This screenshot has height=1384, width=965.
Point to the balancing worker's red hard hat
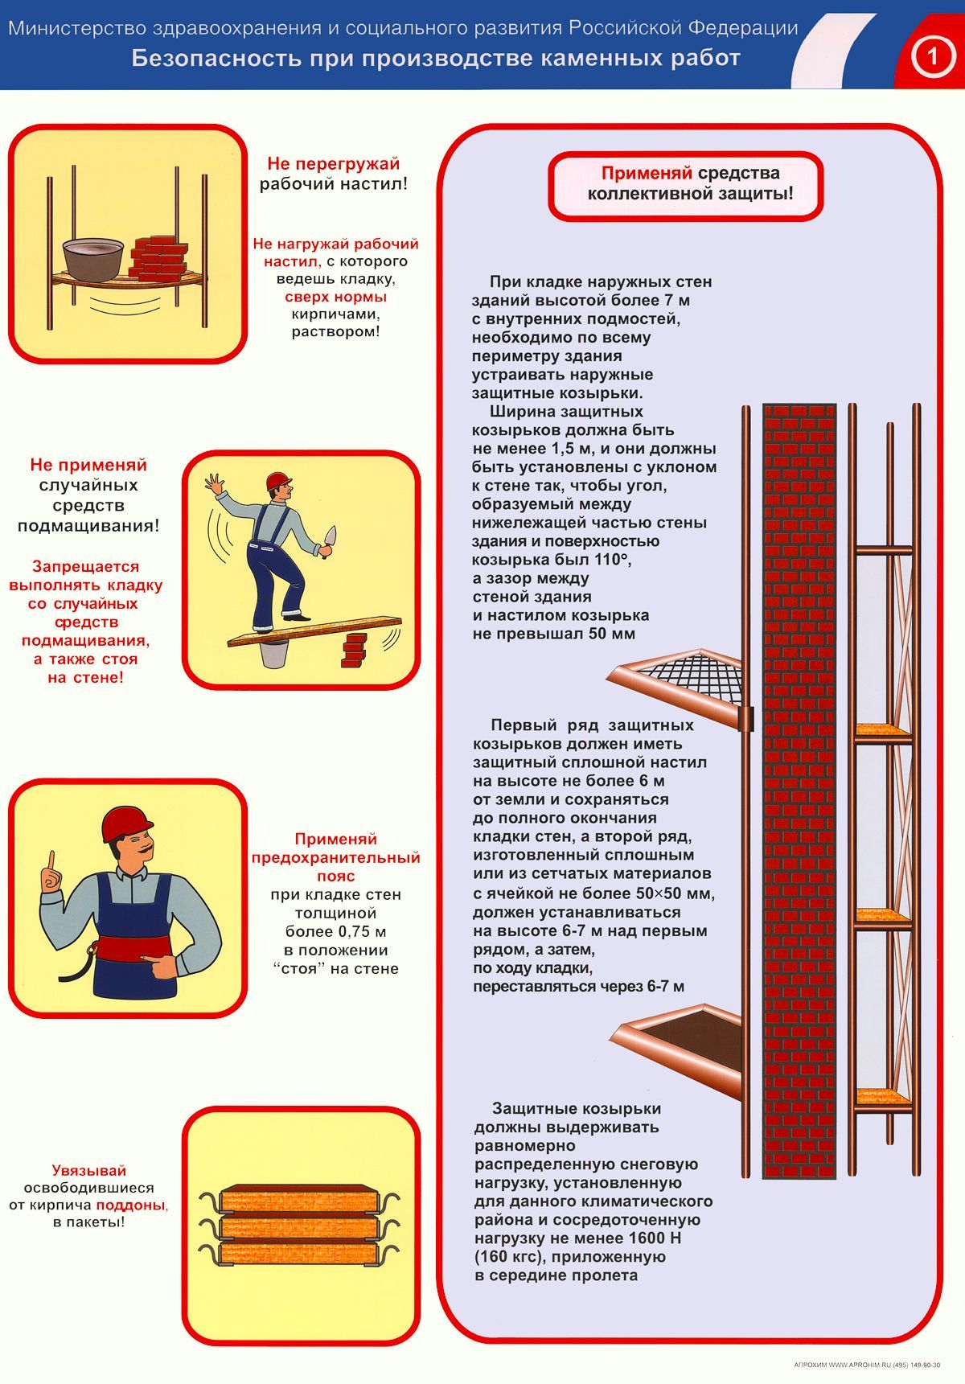click(x=278, y=480)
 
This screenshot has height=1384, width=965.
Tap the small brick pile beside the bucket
click(x=354, y=650)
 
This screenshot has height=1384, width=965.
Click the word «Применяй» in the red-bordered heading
click(x=647, y=173)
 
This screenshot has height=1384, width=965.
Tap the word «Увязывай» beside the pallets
click(x=89, y=1171)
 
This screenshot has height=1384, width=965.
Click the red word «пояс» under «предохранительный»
click(x=335, y=876)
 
